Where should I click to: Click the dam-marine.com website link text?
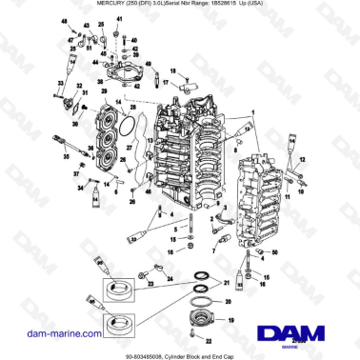(x=47, y=332)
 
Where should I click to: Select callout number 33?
(x=59, y=84)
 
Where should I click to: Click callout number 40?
(x=135, y=39)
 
